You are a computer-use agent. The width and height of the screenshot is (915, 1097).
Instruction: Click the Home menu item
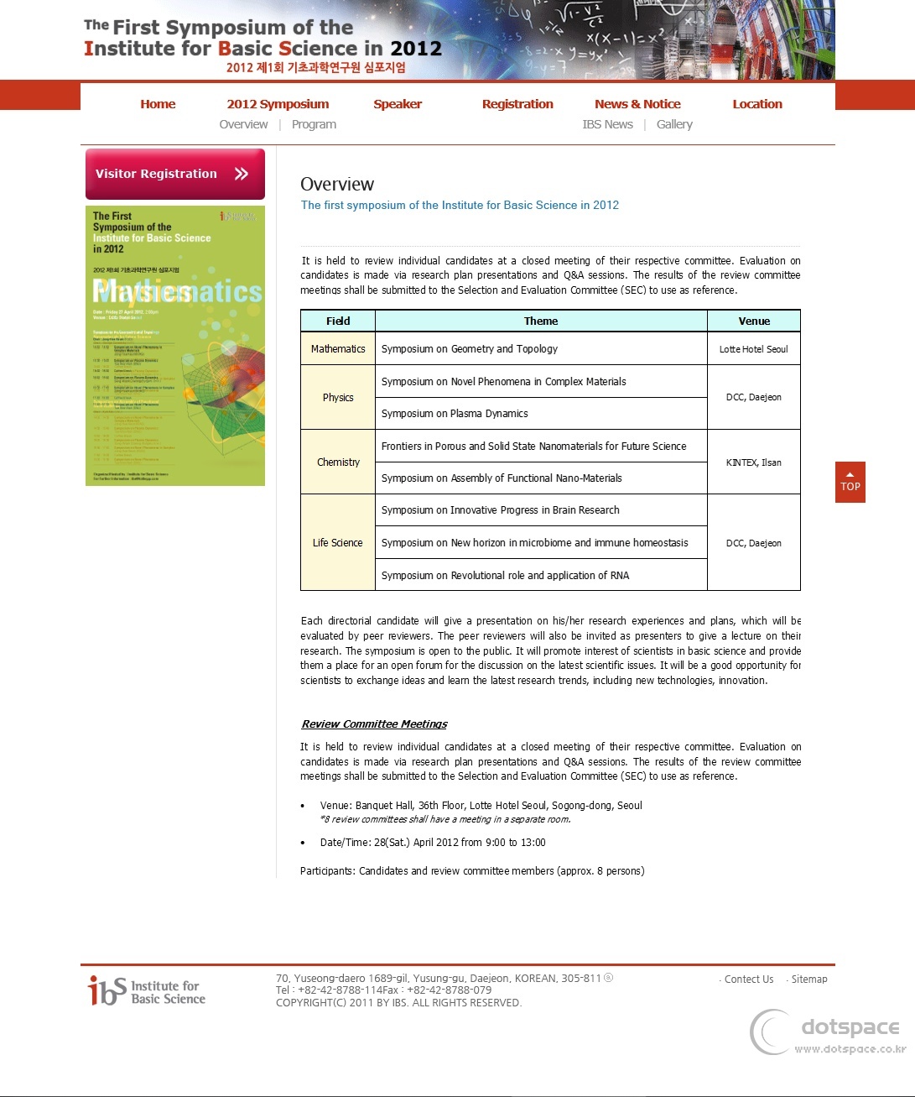158,104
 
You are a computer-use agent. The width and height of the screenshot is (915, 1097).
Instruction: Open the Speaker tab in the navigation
398,104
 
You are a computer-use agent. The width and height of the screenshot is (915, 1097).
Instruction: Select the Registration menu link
517,104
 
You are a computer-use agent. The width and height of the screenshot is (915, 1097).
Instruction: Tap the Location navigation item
757,104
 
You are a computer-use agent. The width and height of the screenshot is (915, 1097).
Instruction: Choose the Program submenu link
314,124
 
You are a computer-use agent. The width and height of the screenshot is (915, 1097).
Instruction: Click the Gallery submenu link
674,124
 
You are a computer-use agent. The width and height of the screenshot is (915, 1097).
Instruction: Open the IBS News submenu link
607,124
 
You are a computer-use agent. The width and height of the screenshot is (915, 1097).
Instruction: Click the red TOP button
850,483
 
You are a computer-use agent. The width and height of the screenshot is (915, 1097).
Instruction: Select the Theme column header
541,321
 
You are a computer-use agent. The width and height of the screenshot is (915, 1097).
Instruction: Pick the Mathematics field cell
338,349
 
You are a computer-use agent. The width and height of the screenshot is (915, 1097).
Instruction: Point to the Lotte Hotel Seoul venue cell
753,349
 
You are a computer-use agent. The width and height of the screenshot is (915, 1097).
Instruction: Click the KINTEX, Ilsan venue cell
753,462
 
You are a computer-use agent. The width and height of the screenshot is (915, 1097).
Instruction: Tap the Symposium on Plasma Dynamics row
455,414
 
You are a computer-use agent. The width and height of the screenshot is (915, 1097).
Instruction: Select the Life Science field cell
338,543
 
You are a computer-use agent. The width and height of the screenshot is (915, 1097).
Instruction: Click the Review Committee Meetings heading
374,723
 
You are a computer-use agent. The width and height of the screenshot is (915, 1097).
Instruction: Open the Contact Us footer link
748,979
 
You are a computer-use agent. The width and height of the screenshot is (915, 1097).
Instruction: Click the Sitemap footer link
808,979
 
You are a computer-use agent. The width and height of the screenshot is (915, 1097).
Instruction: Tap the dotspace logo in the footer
829,1032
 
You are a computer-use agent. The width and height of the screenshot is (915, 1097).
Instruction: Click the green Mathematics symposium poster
175,346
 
